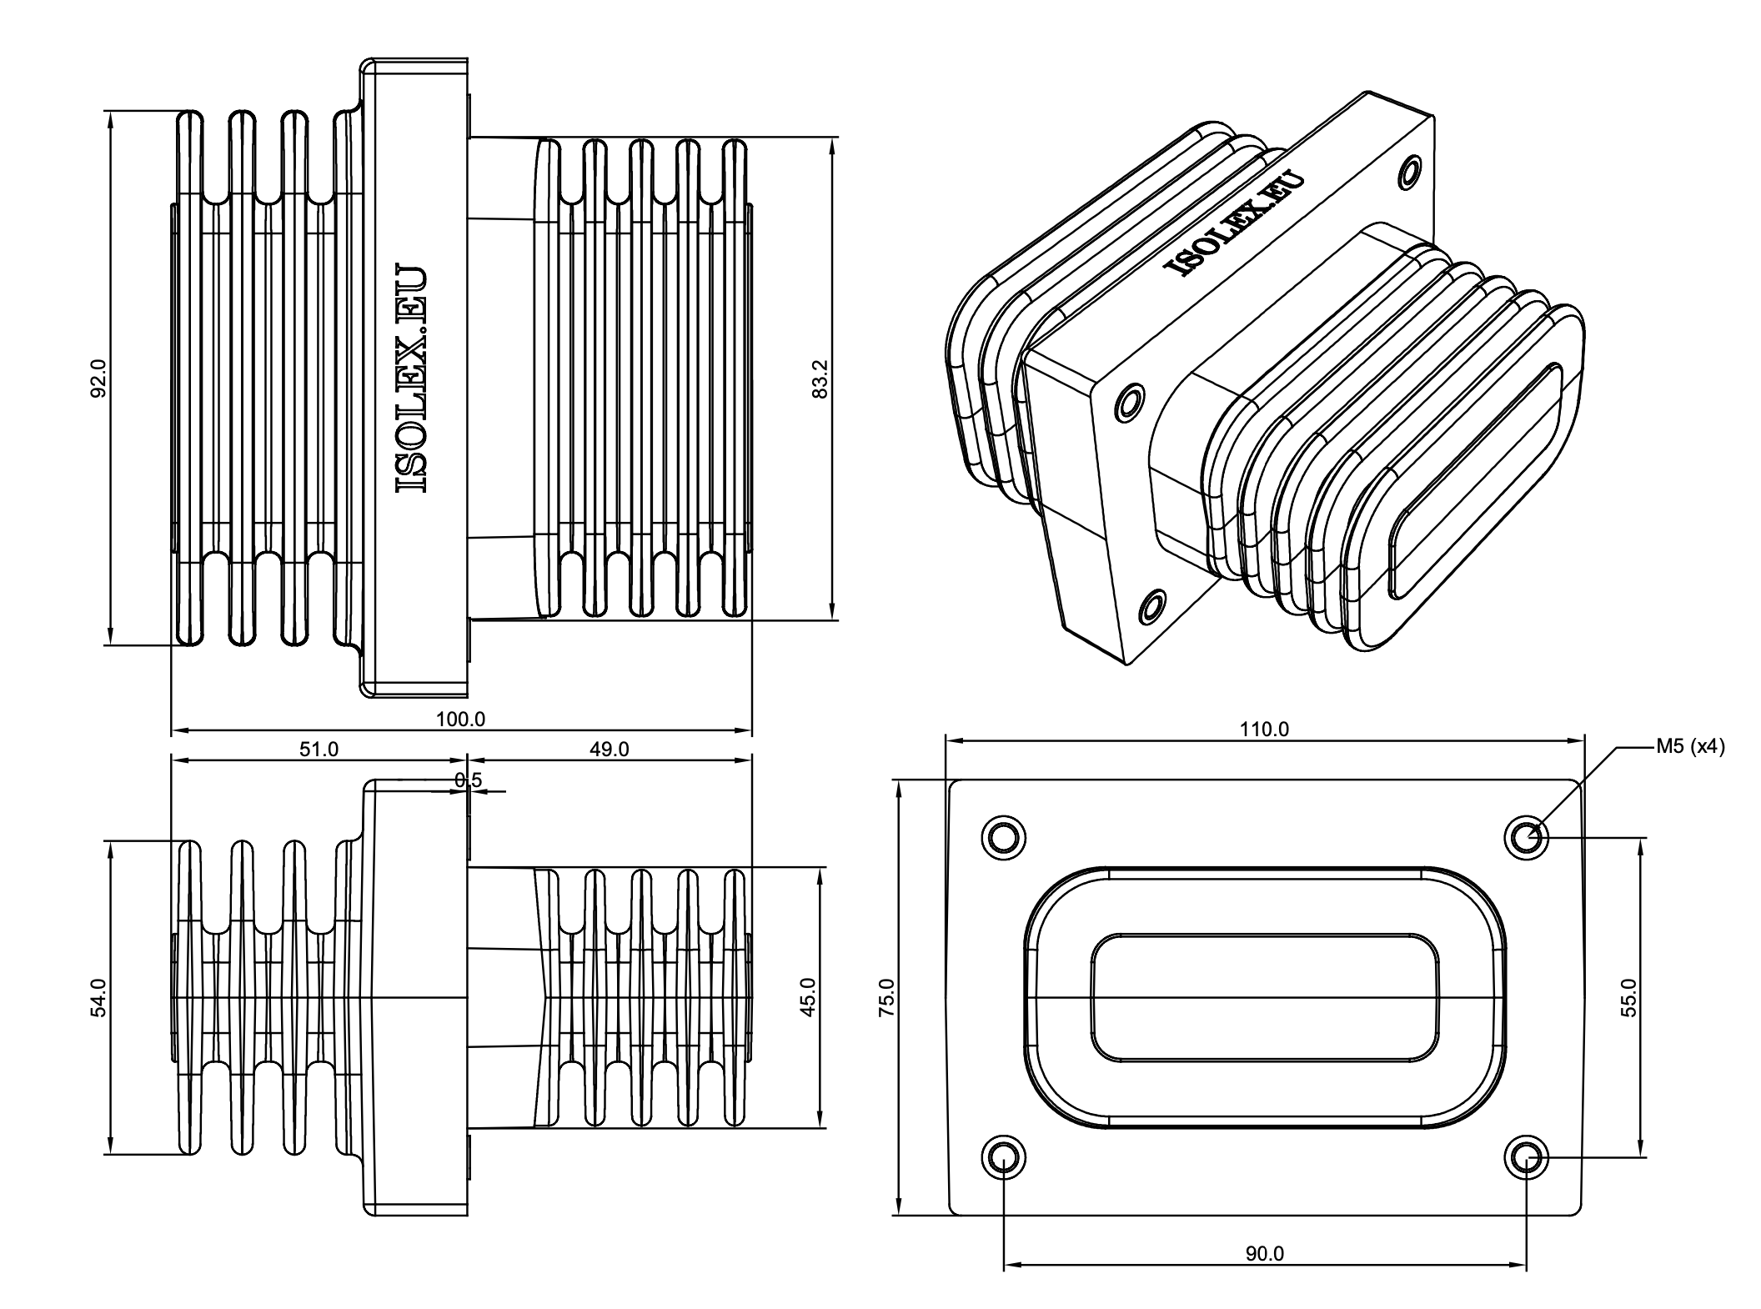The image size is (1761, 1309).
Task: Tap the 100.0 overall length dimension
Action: tap(460, 719)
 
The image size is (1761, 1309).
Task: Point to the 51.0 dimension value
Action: tap(319, 750)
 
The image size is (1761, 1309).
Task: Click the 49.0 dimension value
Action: tap(609, 750)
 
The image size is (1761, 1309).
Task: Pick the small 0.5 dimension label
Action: tap(468, 780)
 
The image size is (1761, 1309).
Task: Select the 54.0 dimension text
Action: tap(98, 997)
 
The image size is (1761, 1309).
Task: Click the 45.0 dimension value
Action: tap(807, 997)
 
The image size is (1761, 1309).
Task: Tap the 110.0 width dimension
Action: tap(1264, 730)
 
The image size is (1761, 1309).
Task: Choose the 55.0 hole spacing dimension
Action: tap(1629, 996)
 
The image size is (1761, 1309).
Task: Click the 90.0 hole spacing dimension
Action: tap(1264, 1276)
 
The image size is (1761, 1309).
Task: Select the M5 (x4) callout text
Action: tap(1690, 747)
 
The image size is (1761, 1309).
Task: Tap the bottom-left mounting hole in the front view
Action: tap(1003, 1156)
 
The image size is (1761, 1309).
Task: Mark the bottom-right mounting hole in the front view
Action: tap(1526, 1156)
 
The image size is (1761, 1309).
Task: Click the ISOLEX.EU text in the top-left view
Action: tap(411, 379)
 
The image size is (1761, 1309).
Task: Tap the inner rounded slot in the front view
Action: tap(1264, 998)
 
